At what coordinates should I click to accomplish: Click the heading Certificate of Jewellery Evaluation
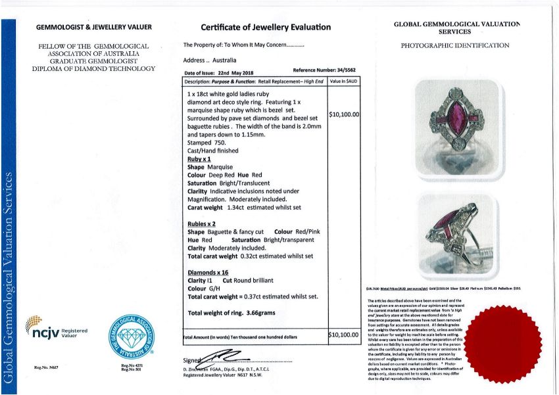[266, 28]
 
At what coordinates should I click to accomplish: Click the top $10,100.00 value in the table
[344, 114]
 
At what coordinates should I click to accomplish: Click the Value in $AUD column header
[344, 81]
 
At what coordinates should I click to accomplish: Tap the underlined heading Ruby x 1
[199, 160]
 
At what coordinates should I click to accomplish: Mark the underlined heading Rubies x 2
[202, 223]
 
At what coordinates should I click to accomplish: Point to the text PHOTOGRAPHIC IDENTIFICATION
[455, 46]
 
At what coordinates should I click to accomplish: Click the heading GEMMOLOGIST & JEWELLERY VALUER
[93, 28]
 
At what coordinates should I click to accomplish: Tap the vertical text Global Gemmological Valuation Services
[9, 276]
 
